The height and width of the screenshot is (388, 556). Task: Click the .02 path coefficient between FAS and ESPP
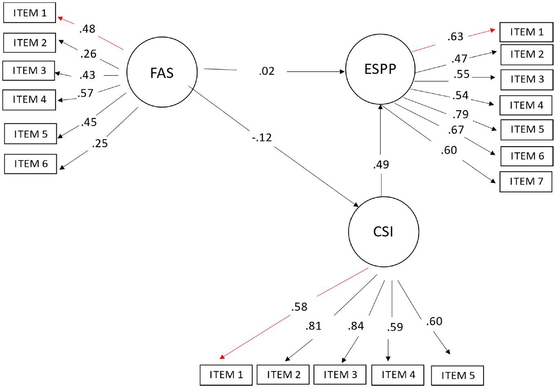coord(267,71)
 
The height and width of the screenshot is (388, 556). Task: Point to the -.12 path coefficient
coord(262,138)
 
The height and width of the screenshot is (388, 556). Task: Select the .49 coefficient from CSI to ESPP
coord(381,164)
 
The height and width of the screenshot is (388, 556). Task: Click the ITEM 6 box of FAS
coord(31,164)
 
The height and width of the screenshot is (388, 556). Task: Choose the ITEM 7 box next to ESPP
coord(526,182)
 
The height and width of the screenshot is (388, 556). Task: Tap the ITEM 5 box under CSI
coord(457,376)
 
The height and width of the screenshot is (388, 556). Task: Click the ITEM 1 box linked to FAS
coord(29,13)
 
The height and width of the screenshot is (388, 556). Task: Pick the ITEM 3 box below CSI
coord(340,375)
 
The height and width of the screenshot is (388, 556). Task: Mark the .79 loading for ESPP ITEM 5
coord(461,114)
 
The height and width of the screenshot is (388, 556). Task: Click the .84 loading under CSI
coord(356,326)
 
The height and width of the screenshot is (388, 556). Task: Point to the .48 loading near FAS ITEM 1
coord(87,29)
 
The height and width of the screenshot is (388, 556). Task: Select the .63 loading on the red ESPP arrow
coord(455,37)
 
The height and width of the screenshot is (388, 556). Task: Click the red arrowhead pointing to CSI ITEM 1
coord(222,357)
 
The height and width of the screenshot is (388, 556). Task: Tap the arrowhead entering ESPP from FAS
coord(342,72)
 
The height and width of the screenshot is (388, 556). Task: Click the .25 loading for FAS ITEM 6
coord(100,143)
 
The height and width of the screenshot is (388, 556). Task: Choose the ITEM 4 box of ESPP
coord(526,105)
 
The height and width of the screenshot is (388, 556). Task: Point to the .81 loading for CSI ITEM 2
coord(313,326)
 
